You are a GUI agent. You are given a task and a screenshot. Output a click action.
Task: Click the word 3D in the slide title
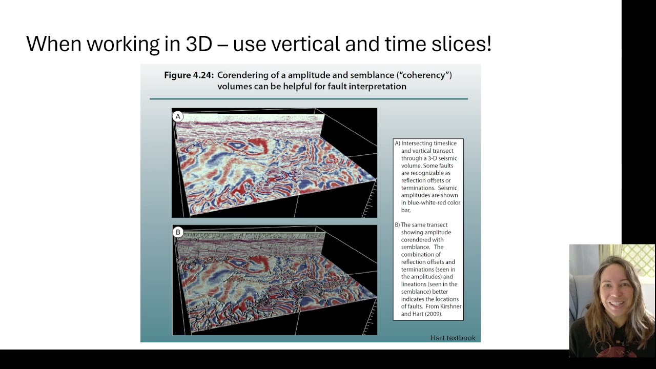199,44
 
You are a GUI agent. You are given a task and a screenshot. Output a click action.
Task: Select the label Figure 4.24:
189,75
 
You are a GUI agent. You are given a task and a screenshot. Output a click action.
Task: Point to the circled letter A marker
178,116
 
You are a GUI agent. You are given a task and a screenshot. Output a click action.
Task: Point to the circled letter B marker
178,232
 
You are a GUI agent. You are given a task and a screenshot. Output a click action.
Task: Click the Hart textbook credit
453,338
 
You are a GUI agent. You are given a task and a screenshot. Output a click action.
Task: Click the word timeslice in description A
441,143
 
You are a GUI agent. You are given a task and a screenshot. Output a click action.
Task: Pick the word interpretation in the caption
378,86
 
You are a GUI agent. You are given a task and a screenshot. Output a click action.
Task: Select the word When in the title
54,44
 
